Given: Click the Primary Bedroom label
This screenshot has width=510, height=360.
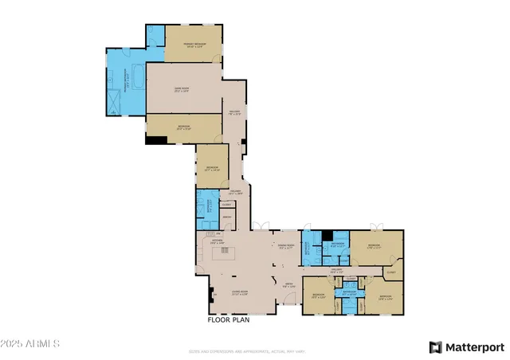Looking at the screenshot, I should click(194, 45).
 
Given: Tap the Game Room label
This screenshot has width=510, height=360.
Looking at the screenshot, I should click(182, 89).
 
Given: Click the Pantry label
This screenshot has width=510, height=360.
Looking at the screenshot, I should click(226, 217).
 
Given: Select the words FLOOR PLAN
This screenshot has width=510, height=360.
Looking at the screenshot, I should click(229, 319).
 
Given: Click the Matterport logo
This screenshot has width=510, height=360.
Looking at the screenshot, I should click(467, 346).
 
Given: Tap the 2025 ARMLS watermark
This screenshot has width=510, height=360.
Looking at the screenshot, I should click(31, 343).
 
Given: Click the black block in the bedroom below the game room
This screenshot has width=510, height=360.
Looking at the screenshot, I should click(156, 140).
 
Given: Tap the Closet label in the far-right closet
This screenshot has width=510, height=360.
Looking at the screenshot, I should click(390, 272).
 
